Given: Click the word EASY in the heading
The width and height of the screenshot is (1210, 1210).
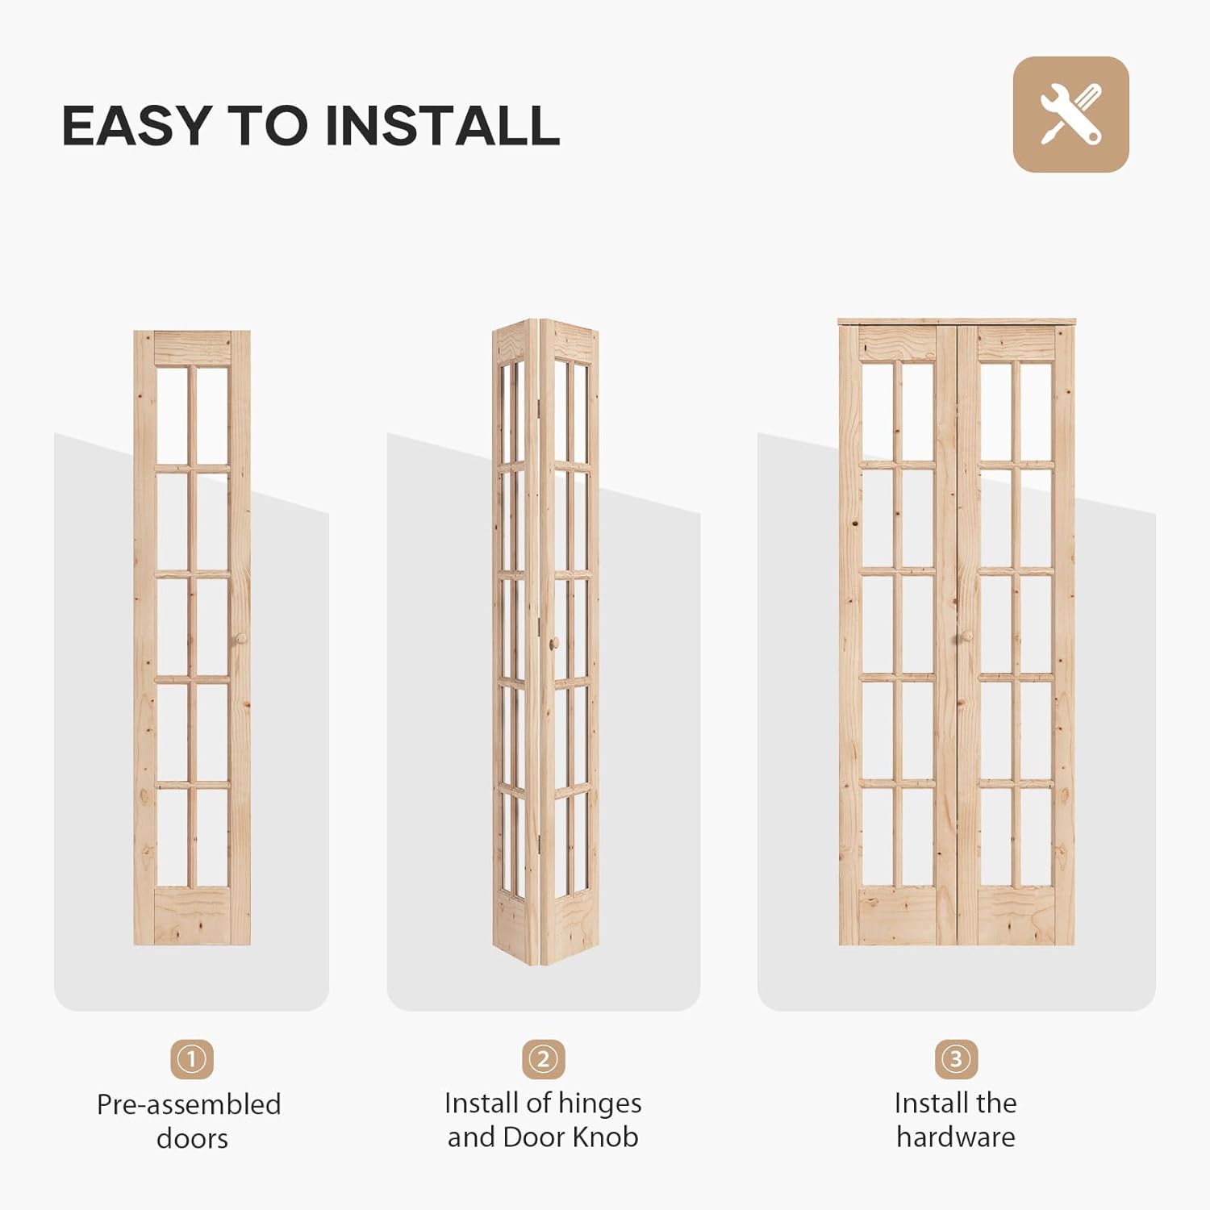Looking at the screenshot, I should (x=136, y=126).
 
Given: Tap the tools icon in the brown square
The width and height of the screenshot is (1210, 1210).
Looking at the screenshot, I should (x=1070, y=115).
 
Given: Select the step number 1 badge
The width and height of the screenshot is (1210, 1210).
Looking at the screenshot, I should (x=191, y=1058).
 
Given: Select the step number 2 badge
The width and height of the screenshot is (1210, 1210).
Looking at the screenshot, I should (x=543, y=1058).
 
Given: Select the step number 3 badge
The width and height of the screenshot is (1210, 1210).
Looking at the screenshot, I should (x=956, y=1058).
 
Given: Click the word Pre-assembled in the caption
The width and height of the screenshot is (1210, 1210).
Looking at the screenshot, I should (x=189, y=1104).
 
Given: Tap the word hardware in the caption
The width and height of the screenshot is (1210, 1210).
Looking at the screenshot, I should (x=956, y=1137).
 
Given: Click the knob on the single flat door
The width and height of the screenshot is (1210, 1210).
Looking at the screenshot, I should (x=240, y=639).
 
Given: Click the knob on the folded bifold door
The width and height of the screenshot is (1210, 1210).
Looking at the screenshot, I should (x=554, y=643).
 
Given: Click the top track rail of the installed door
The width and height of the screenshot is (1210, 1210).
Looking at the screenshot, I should (x=957, y=322).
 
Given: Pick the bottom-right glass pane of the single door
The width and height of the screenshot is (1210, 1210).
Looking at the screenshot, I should (x=212, y=837).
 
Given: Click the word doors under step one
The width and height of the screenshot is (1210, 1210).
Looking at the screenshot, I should (x=192, y=1139).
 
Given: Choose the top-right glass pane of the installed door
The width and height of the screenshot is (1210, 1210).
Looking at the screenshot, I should (x=1036, y=411).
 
